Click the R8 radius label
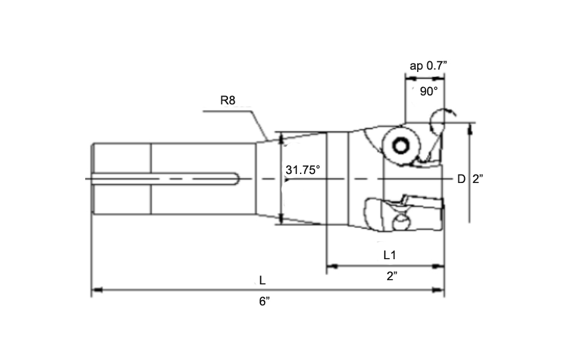click(228, 101)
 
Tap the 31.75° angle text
click(303, 170)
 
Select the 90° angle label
click(429, 91)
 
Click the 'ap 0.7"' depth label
click(428, 66)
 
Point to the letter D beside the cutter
click(461, 179)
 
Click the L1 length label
click(390, 255)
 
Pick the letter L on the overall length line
click(262, 281)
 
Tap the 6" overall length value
click(265, 302)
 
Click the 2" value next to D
click(478, 179)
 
